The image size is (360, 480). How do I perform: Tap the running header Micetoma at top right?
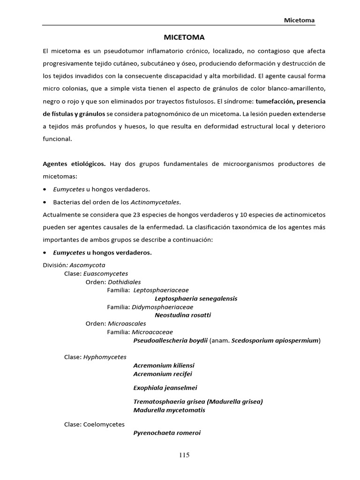pyautogui.click(x=299, y=20)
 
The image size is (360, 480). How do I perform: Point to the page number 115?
pyautogui.click(x=184, y=455)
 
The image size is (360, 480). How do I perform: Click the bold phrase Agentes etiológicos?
pyautogui.click(x=75, y=164)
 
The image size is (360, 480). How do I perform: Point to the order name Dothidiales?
pyautogui.click(x=125, y=282)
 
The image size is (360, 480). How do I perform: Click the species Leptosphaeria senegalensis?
pyautogui.click(x=196, y=298)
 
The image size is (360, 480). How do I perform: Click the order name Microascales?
pyautogui.click(x=127, y=323)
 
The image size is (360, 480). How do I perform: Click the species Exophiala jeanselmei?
pyautogui.click(x=165, y=387)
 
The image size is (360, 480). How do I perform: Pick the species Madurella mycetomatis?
pyautogui.click(x=169, y=410)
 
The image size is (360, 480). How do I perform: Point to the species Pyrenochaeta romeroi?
pyautogui.click(x=167, y=433)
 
